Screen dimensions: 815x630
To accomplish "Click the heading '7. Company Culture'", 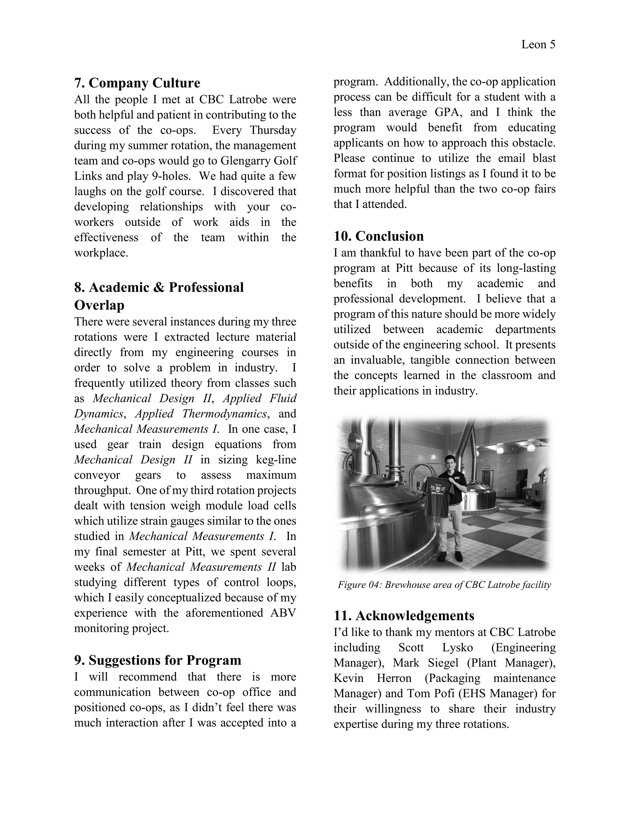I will (137, 83).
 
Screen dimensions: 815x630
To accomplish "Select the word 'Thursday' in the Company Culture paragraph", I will (273, 130).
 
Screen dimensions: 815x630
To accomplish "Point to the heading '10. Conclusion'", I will (378, 236).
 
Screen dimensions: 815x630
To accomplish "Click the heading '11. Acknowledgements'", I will (404, 615).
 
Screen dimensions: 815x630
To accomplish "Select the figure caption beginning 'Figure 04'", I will (444, 585).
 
